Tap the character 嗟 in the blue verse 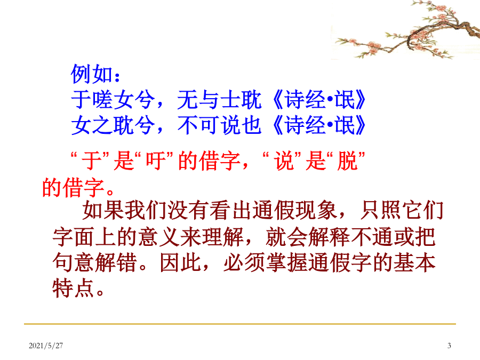(102, 100)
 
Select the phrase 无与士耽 (219, 100)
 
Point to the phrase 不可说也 (219, 125)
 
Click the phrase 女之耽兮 (113, 125)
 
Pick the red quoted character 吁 (156, 161)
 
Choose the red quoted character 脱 (347, 161)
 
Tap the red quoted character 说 (284, 161)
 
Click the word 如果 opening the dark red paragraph (103, 210)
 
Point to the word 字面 (74, 237)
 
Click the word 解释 (329, 237)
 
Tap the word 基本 (414, 262)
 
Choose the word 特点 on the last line (73, 289)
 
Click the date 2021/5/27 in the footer (46, 346)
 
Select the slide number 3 (449, 346)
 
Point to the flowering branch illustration (407, 30)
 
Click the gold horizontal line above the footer (240, 324)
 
